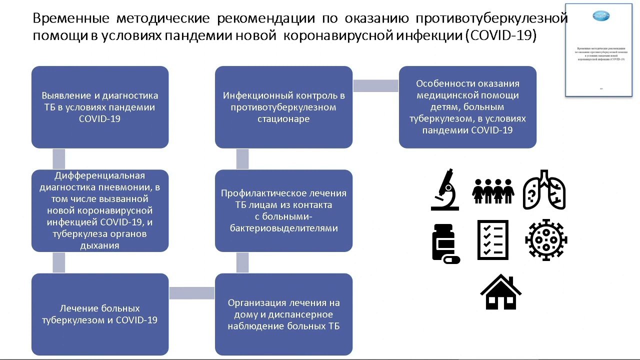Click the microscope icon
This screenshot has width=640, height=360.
(444, 189)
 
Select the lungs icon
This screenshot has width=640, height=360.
(544, 190)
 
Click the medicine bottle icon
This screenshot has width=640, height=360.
(444, 243)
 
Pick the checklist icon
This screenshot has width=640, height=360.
(493, 240)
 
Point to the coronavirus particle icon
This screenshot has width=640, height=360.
(546, 240)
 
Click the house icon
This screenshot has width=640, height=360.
(500, 292)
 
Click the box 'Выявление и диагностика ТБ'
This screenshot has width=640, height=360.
(100, 107)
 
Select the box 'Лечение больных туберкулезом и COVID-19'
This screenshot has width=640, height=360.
(100, 314)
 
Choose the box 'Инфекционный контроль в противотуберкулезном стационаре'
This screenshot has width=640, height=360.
(283, 107)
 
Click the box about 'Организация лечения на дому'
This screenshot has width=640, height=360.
(283, 314)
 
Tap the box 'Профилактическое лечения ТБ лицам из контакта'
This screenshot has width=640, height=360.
(283, 210)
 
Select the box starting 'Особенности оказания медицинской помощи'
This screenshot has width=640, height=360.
(467, 107)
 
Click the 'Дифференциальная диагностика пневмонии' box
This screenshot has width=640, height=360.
(100, 210)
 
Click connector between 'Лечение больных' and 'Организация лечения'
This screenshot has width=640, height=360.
(191, 293)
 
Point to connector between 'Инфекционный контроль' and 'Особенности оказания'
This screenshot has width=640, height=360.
(375, 86)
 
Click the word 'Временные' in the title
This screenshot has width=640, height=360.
(71, 18)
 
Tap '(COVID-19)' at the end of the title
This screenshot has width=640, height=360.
(500, 36)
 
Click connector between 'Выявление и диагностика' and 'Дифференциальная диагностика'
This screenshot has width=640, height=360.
(59, 159)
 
